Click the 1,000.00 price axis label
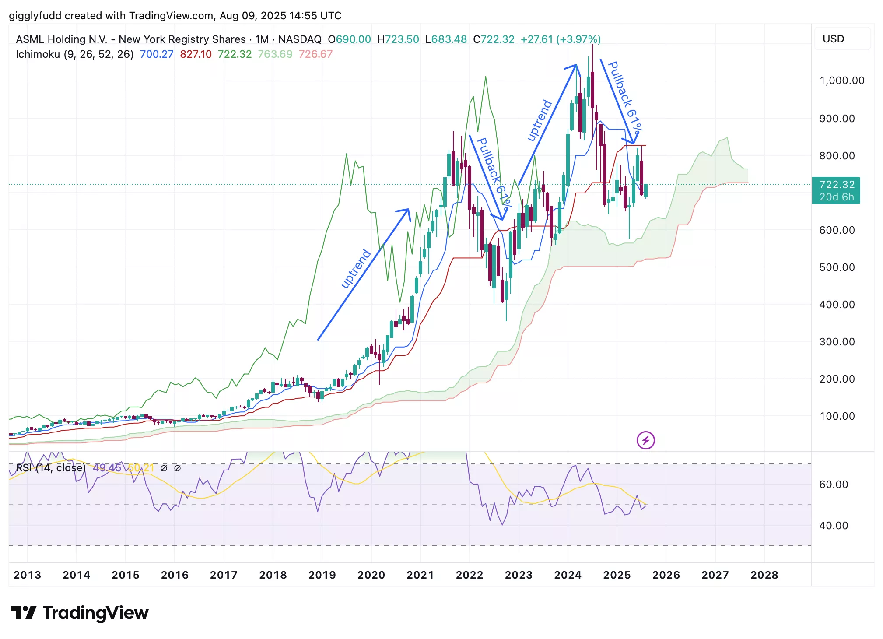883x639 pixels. click(841, 81)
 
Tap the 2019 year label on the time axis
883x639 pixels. click(322, 575)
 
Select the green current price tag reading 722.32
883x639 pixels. click(836, 190)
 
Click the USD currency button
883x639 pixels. click(833, 39)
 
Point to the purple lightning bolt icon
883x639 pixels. click(645, 440)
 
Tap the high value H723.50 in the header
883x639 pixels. click(398, 39)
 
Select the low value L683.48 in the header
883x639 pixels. click(446, 39)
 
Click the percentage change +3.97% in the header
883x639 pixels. click(578, 39)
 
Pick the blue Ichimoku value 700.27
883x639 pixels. click(156, 54)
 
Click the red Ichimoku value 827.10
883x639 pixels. click(196, 54)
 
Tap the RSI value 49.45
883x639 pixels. click(107, 468)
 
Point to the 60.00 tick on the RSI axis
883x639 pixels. click(833, 485)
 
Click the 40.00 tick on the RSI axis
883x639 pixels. click(833, 526)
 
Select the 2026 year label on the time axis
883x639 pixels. click(666, 575)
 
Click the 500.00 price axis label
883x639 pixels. click(837, 267)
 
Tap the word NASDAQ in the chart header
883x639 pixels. click(300, 39)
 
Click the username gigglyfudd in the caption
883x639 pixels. click(35, 16)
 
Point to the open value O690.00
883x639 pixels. click(349, 39)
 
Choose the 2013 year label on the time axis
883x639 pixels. click(27, 575)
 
